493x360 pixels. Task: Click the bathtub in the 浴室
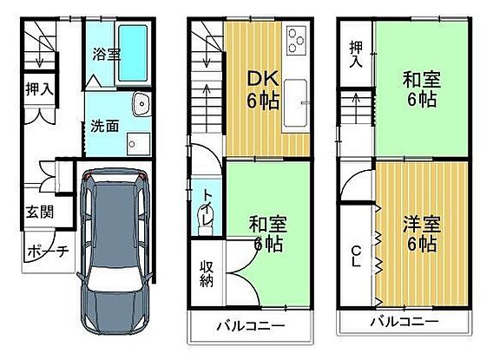pyautogui.click(x=133, y=53)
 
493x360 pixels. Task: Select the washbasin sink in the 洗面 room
pyautogui.click(x=141, y=104)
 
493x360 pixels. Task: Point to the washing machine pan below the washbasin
pyautogui.click(x=139, y=144)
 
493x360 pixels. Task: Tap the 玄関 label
pyautogui.click(x=40, y=212)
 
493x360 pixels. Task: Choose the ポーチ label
pyautogui.click(x=48, y=252)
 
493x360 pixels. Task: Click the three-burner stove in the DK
pyautogui.click(x=296, y=40)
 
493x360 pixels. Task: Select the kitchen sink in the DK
pyautogui.click(x=295, y=102)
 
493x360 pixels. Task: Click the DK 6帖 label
pyautogui.click(x=263, y=89)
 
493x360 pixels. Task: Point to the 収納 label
pyautogui.click(x=207, y=274)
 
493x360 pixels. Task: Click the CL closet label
pyautogui.click(x=356, y=256)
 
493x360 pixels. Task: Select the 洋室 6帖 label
pyautogui.click(x=422, y=233)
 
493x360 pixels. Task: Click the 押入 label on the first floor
pyautogui.click(x=40, y=88)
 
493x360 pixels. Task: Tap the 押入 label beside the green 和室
pyautogui.click(x=356, y=55)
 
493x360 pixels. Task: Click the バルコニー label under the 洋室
pyautogui.click(x=404, y=321)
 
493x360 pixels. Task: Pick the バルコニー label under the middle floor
pyautogui.click(x=251, y=326)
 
